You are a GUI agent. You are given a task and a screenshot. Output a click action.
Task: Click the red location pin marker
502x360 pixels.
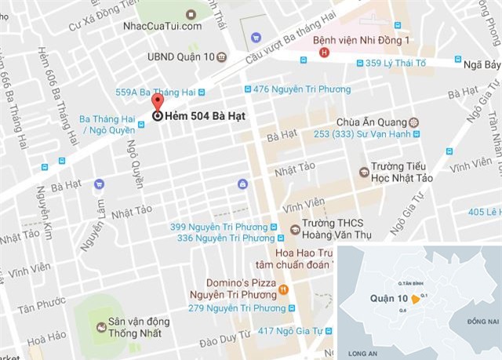pyautogui.click(x=157, y=103)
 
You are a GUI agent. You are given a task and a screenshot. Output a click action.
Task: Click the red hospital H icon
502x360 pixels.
pyautogui.click(x=325, y=53)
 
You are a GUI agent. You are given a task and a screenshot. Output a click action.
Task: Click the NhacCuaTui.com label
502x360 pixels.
pyautogui.click(x=162, y=26)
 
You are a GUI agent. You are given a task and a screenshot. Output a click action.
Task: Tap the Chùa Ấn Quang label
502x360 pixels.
pyautogui.click(x=370, y=122)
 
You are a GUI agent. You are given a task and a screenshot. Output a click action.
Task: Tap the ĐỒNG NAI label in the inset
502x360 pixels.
pyautogui.click(x=482, y=322)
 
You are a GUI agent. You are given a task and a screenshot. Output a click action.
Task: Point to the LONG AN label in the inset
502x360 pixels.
pyautogui.click(x=362, y=352)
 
